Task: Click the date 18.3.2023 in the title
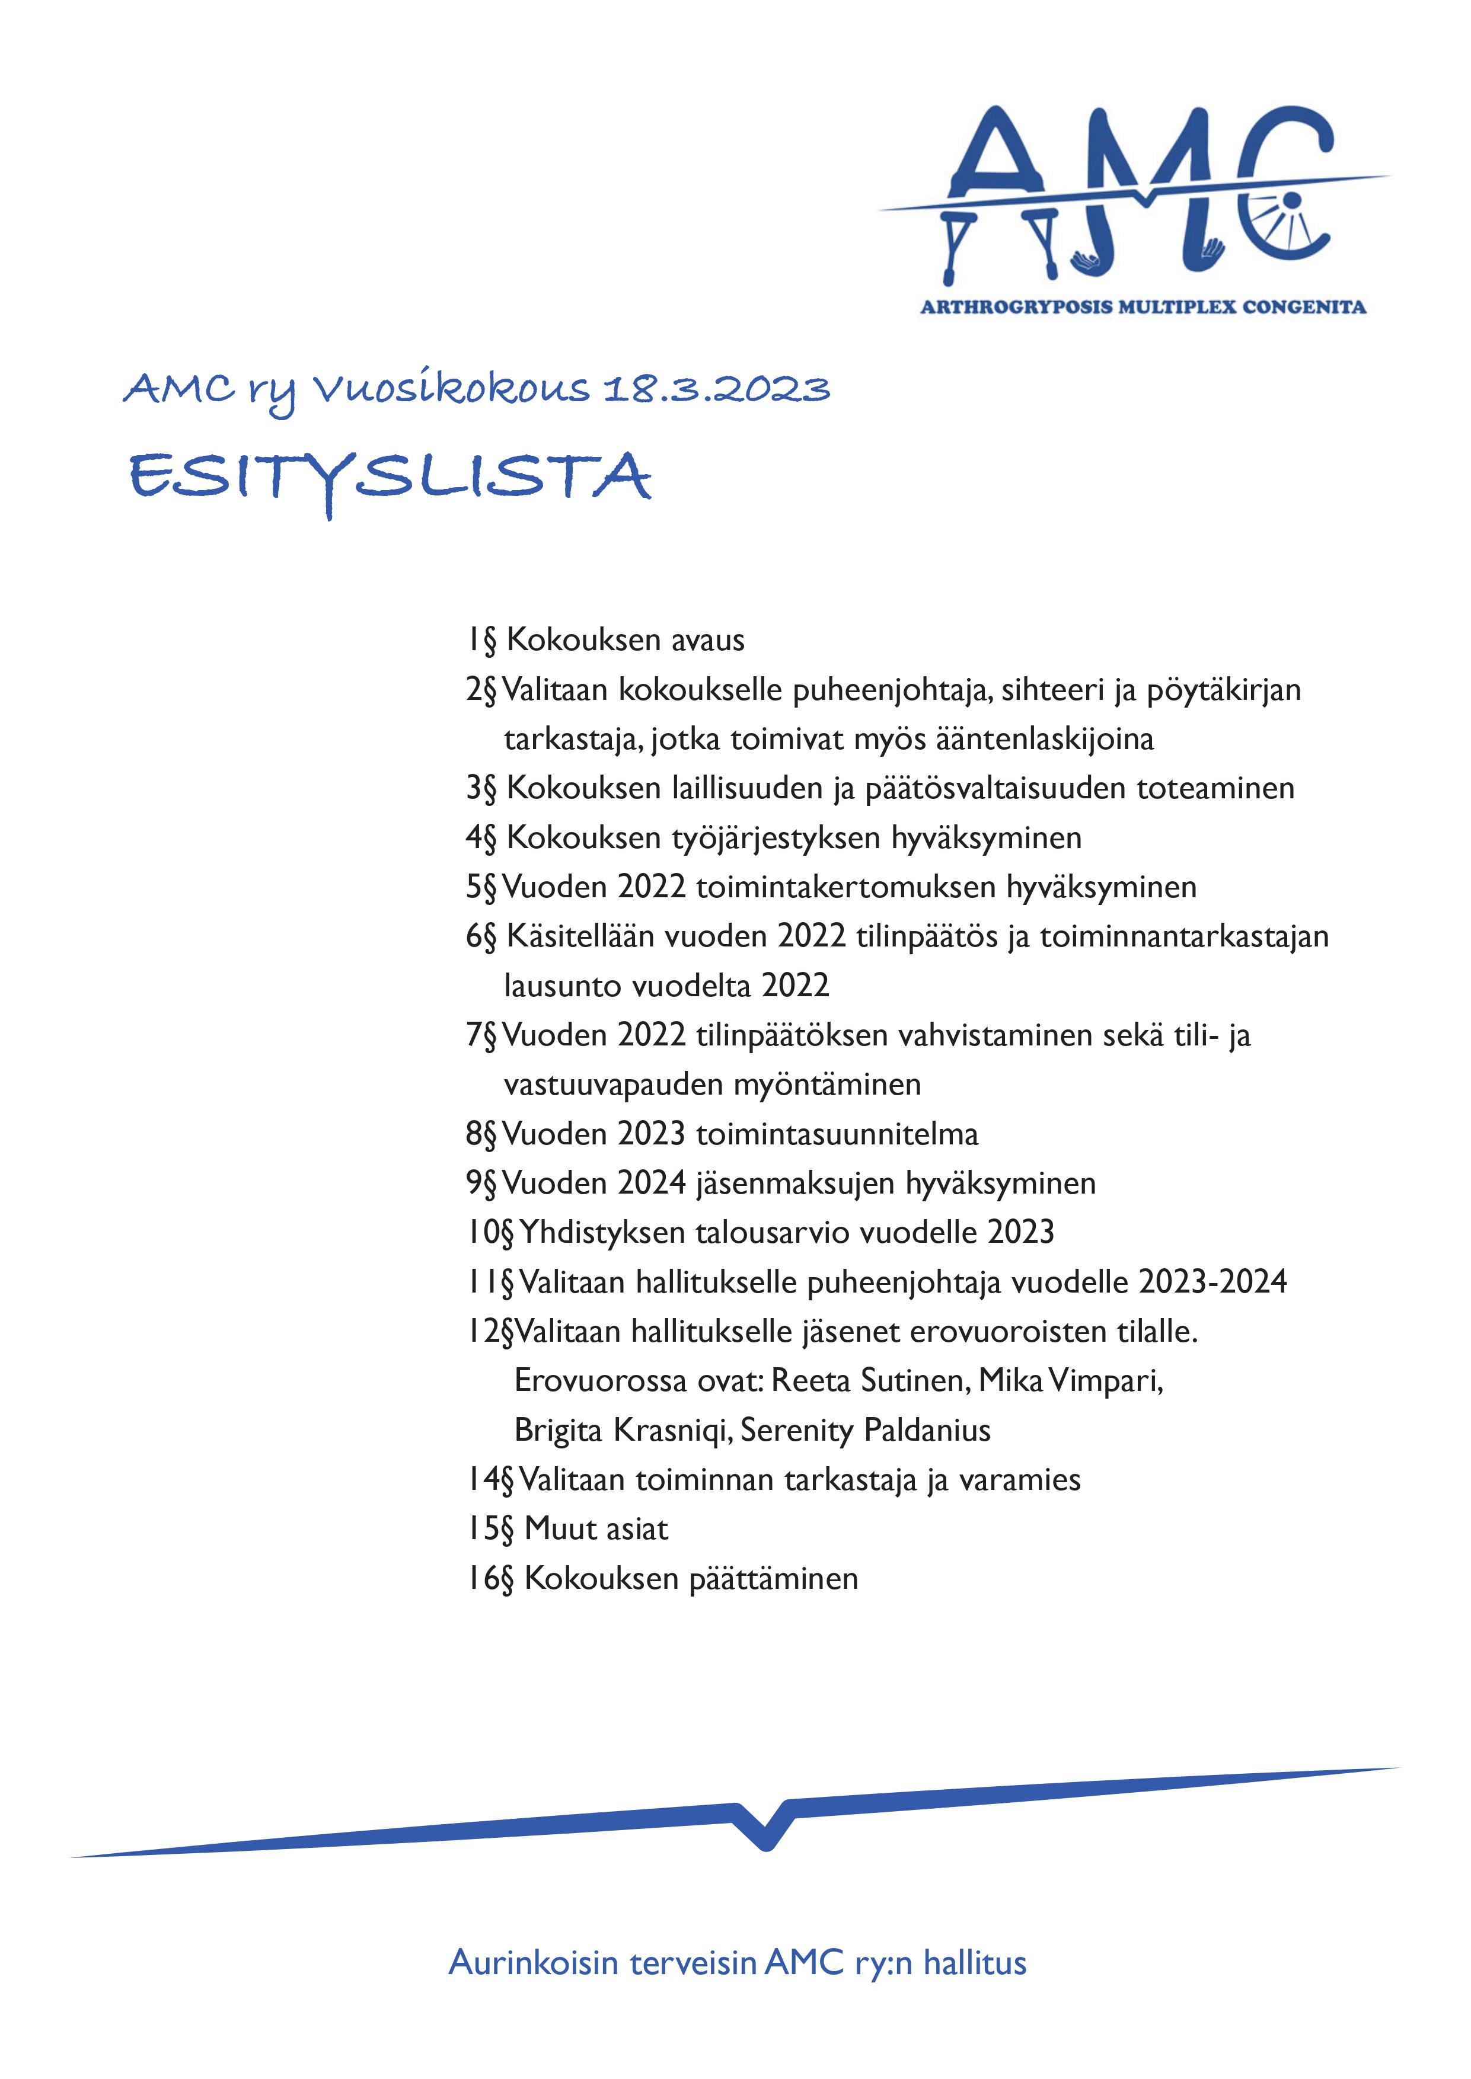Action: [x=716, y=389]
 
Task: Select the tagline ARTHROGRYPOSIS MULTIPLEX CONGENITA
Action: [x=1143, y=307]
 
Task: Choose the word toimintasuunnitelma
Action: [x=837, y=1134]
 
